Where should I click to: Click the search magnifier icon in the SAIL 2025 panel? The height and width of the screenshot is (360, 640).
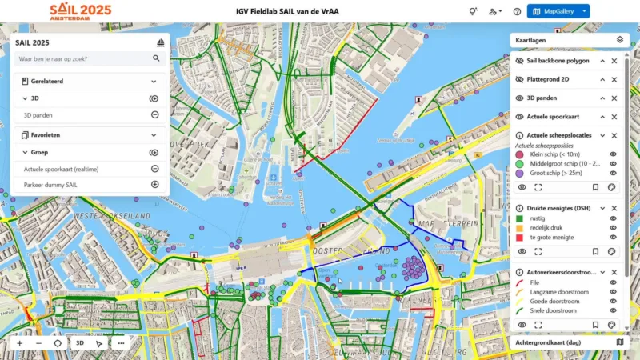point(156,58)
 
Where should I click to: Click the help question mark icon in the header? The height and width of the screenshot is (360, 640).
point(517,11)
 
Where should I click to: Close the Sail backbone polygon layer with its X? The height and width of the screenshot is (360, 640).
point(614,61)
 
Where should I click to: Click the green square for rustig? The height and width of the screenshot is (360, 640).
point(519,218)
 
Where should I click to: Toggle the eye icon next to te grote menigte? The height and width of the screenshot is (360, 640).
point(614,238)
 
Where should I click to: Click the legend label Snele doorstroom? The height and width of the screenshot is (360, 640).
point(553,311)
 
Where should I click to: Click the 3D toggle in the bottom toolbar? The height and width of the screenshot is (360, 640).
point(79,342)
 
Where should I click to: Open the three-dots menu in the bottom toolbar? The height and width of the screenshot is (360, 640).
point(121,342)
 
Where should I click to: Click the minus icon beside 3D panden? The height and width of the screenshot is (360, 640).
point(155,114)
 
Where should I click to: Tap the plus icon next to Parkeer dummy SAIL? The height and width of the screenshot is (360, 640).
point(155,184)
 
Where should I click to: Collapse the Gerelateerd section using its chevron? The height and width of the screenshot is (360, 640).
point(154,81)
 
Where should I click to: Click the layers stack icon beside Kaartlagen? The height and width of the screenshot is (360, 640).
point(619,39)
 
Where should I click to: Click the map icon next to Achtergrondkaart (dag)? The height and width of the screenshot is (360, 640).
point(619,342)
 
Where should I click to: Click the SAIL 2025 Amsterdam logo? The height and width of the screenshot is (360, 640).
point(80,11)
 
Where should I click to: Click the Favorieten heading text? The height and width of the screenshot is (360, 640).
point(46,135)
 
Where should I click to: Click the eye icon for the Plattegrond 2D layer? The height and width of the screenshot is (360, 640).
point(519,79)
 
